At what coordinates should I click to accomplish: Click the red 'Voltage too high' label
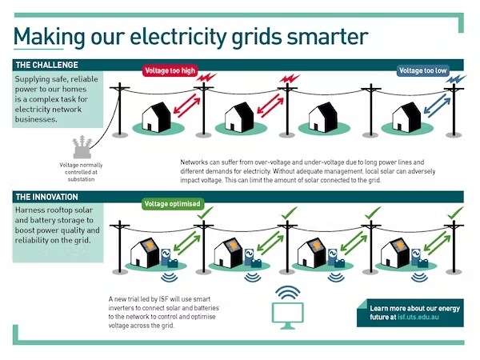170,70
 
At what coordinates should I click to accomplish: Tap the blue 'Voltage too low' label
422,70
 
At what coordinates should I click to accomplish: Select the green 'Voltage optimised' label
172,204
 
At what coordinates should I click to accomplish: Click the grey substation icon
82,147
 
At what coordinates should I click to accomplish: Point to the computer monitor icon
288,316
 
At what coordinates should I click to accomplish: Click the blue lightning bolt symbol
456,79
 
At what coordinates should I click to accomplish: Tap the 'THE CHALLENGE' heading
47,65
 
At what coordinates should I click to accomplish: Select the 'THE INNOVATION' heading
47,197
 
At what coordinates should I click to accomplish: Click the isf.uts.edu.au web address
418,317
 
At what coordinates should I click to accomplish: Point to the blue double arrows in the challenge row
438,105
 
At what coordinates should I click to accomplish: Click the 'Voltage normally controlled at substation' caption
81,172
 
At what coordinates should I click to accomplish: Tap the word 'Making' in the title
49,38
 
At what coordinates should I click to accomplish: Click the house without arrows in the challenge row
323,118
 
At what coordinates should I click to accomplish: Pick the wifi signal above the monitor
287,293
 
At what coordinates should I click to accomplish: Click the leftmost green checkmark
205,213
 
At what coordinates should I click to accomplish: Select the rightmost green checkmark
455,213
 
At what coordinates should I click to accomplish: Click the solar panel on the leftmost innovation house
150,246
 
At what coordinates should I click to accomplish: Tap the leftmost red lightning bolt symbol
206,78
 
